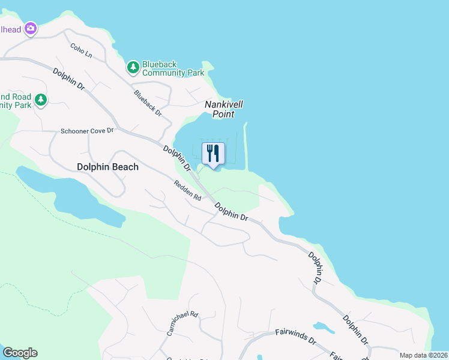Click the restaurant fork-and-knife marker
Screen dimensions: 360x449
point(213,154)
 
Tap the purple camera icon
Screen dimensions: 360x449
point(31,28)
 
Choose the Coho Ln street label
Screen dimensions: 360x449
point(81,50)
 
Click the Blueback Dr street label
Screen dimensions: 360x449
point(148,103)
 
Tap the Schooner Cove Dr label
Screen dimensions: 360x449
point(86,131)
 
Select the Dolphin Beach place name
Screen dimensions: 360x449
point(107,167)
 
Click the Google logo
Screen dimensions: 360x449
point(20,353)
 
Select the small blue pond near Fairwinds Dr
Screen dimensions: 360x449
point(324,328)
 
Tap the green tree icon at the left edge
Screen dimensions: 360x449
point(40,100)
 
